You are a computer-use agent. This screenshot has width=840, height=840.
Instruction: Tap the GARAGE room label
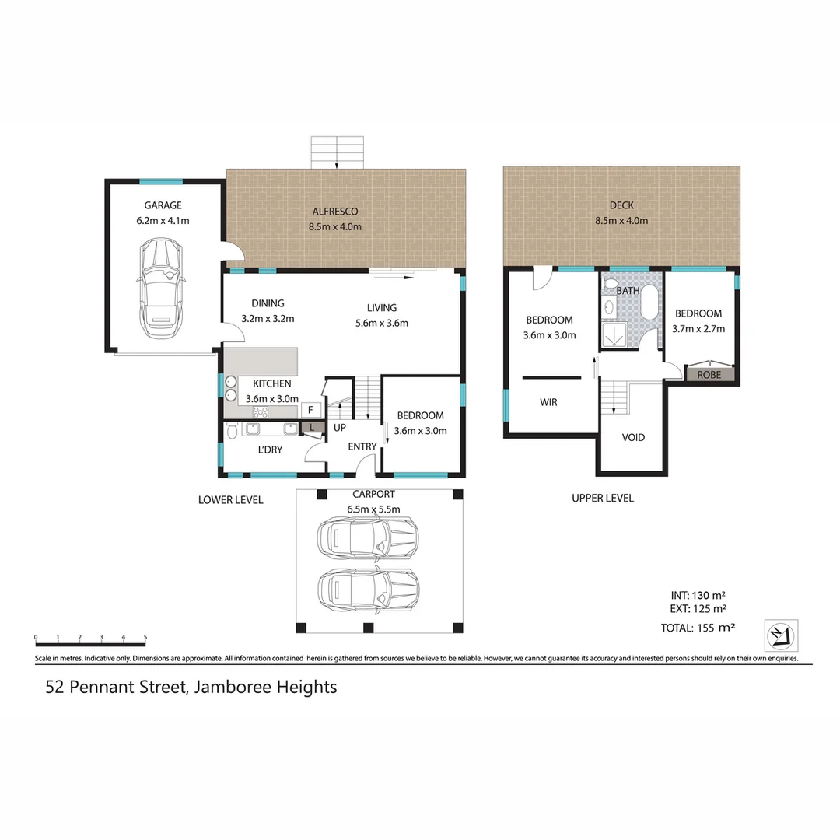162,205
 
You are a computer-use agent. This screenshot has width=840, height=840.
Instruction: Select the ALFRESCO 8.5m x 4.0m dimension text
335,226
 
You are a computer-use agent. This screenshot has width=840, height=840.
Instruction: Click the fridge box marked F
310,409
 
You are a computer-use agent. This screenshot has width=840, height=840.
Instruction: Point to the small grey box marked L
312,427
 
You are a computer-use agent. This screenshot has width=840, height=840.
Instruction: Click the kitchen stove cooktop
261,412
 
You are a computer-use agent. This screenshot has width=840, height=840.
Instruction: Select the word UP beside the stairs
340,428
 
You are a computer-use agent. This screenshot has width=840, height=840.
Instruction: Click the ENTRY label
362,446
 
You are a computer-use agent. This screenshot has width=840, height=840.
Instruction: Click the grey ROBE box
709,374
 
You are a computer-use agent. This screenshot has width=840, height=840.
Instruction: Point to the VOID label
633,438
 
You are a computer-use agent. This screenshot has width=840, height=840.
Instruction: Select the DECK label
621,205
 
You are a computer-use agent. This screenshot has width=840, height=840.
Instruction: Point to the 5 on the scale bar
145,638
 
